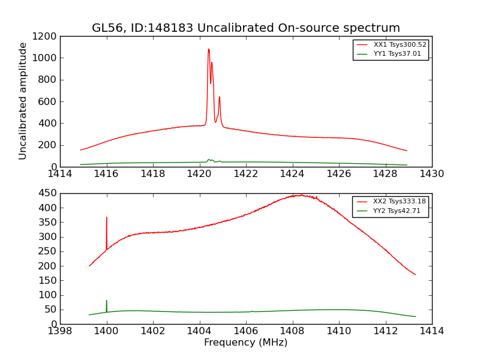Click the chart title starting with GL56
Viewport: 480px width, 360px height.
coord(245,28)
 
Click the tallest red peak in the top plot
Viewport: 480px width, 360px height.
coord(209,50)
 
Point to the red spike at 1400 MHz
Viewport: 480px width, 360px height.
coord(107,218)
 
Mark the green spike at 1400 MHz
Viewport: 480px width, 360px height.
coord(107,301)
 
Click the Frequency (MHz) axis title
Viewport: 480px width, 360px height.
coord(245,343)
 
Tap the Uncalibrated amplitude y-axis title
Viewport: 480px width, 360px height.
coord(23,101)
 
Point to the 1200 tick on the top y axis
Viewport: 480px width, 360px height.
coord(46,36)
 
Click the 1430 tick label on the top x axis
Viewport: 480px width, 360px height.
coord(431,174)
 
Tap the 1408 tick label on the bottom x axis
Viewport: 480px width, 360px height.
coord(292,331)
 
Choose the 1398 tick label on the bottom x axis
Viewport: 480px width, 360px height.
coord(60,331)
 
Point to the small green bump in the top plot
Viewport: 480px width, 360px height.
coord(209,160)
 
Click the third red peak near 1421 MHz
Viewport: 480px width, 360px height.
coord(220,98)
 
